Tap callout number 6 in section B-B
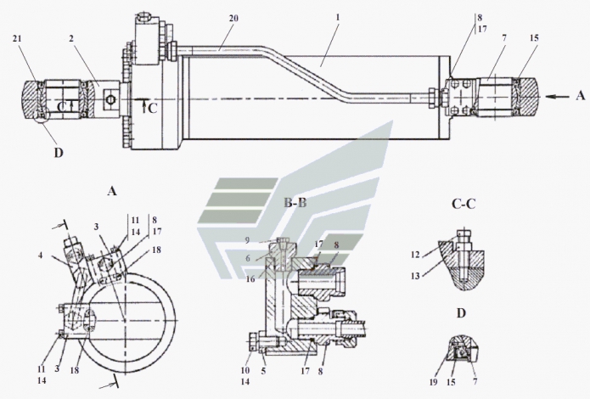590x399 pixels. pos(270,257)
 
